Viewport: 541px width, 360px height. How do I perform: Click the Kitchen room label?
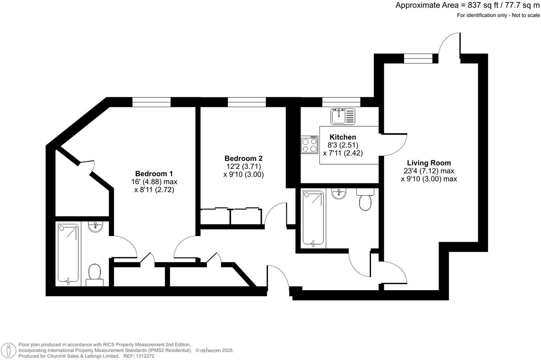pyautogui.click(x=343, y=137)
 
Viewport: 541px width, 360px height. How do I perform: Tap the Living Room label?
pyautogui.click(x=429, y=163)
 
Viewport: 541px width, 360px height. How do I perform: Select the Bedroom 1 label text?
pyautogui.click(x=154, y=174)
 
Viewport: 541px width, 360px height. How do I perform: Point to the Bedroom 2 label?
pyautogui.click(x=243, y=158)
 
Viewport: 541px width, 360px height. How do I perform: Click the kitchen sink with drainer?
pyautogui.click(x=343, y=116)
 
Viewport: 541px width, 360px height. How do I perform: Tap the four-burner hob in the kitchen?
pyautogui.click(x=309, y=145)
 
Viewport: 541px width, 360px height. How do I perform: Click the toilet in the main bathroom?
pyautogui.click(x=365, y=200)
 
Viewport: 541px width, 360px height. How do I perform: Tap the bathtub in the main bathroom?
pyautogui.click(x=313, y=218)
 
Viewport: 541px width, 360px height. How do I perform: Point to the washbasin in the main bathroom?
pyautogui.click(x=339, y=194)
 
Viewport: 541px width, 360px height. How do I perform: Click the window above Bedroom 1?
pyautogui.click(x=151, y=102)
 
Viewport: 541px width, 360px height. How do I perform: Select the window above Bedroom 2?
pyautogui.click(x=247, y=102)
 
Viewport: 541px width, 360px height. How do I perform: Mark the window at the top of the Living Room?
pyautogui.click(x=418, y=59)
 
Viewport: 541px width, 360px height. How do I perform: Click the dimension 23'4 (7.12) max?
pyautogui.click(x=429, y=171)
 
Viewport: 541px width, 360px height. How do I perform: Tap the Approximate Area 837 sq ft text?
pyautogui.click(x=467, y=5)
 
